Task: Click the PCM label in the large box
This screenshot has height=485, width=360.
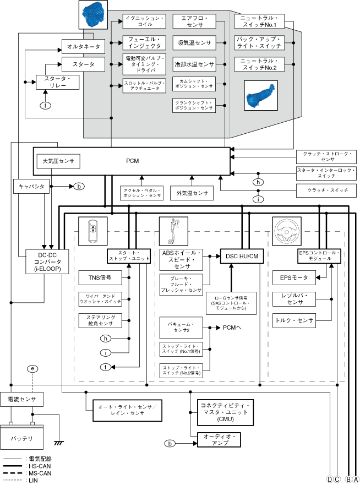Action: tap(132, 161)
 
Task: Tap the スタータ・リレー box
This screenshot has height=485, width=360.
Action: tap(57, 82)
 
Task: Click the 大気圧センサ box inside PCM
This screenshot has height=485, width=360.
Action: tap(58, 161)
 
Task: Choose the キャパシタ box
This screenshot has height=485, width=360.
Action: tap(31, 187)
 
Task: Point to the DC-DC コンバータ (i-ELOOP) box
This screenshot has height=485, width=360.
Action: tap(47, 261)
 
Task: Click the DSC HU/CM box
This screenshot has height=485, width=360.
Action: tap(243, 255)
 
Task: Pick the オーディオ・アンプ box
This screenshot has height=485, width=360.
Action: tap(219, 439)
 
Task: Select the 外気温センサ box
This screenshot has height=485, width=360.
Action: tap(192, 193)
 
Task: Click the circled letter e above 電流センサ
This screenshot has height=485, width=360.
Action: tap(34, 368)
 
